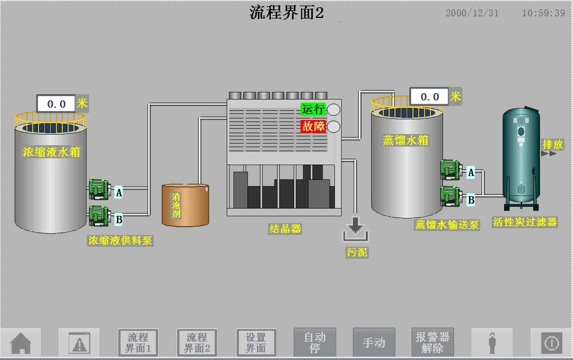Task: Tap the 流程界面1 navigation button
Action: (x=138, y=342)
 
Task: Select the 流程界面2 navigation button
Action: (x=196, y=342)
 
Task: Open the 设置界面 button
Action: (x=256, y=342)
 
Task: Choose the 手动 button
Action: (x=373, y=342)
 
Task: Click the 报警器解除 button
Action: (x=432, y=342)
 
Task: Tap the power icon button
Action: (x=551, y=342)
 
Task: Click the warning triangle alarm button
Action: (x=79, y=342)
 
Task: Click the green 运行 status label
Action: (x=313, y=109)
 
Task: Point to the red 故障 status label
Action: (x=313, y=126)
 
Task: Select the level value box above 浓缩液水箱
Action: (x=56, y=104)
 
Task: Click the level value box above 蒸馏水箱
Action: (x=429, y=96)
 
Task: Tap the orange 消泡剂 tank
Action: (x=185, y=205)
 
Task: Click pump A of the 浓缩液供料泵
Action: (x=99, y=190)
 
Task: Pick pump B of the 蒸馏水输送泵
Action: (x=450, y=195)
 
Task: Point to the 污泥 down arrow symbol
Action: (x=354, y=227)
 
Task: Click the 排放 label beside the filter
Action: (x=552, y=144)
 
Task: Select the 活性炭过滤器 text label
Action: (x=525, y=222)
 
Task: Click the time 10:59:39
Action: (x=543, y=13)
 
